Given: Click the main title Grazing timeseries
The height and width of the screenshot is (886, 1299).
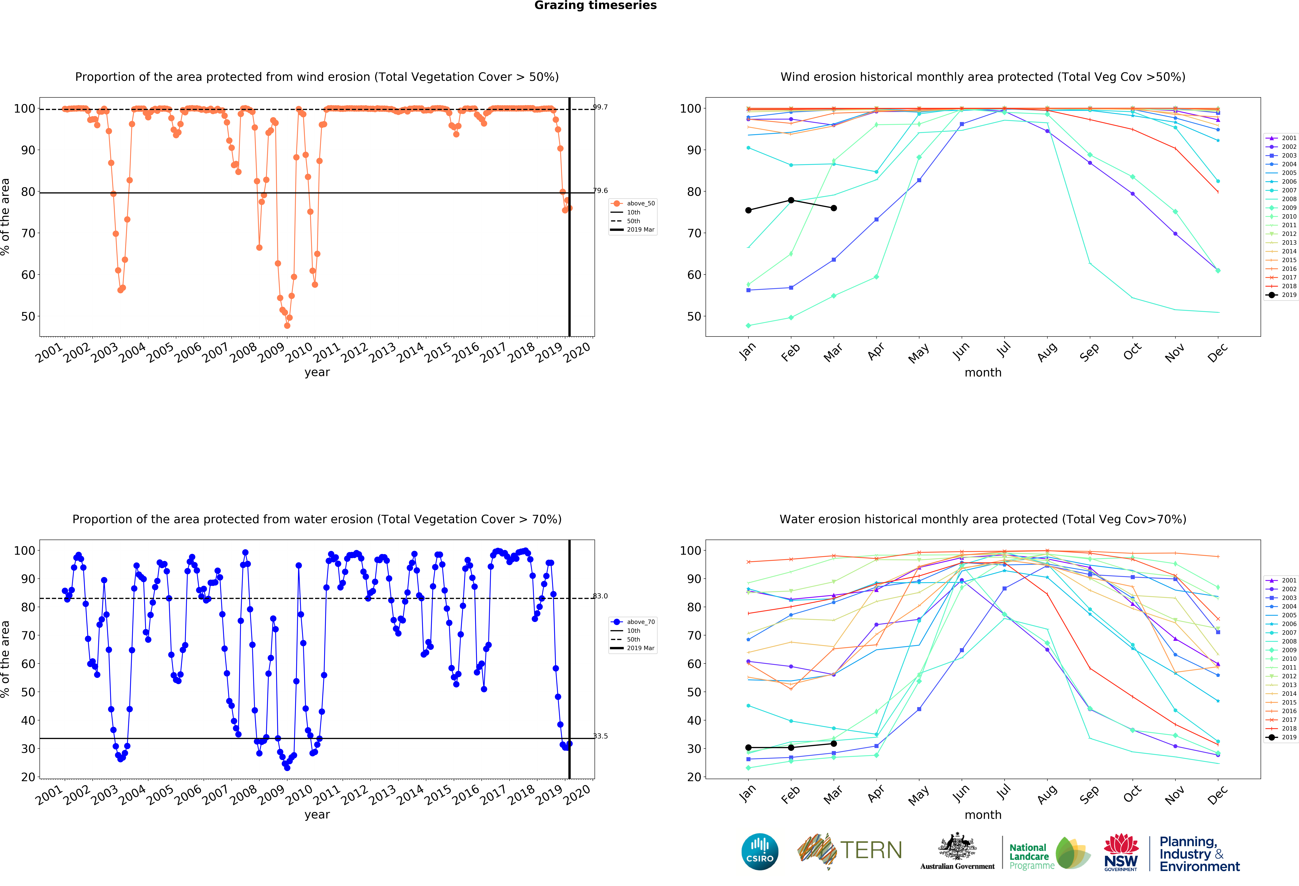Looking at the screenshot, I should click(x=595, y=6).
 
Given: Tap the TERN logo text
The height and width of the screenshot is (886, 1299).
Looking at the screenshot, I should click(x=871, y=850).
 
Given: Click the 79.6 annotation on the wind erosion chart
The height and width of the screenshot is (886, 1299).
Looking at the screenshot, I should click(x=600, y=191).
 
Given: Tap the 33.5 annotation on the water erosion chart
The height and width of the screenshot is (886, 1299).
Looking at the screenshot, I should click(x=600, y=736).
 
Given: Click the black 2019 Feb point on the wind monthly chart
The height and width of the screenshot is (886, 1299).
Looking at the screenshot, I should click(x=791, y=200).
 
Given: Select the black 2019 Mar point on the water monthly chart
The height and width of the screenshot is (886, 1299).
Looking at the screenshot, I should click(x=833, y=743).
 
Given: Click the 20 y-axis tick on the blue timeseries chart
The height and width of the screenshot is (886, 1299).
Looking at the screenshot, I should click(x=28, y=777).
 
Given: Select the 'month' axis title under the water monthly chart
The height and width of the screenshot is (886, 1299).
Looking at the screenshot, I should click(x=983, y=815).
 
